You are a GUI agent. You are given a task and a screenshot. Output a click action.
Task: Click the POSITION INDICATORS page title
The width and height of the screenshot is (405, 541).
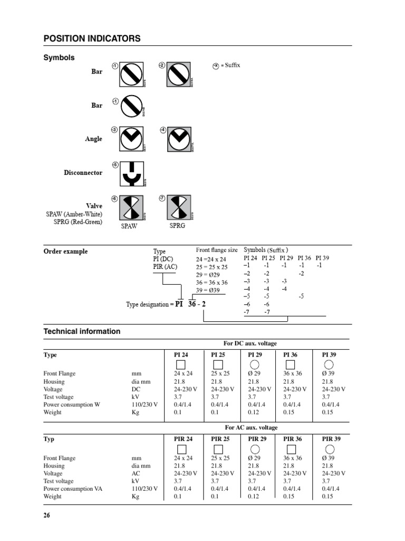(92, 39)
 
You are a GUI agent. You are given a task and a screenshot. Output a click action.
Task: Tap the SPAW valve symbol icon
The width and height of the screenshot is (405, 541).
(129, 208)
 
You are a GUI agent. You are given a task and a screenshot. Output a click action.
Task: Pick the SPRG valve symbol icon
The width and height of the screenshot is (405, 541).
(178, 208)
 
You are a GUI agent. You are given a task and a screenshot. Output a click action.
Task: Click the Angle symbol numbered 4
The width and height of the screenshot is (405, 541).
(178, 139)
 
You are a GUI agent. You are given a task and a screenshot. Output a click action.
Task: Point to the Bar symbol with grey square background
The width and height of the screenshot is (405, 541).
(178, 73)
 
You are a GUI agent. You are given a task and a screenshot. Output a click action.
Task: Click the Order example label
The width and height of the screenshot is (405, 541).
(65, 251)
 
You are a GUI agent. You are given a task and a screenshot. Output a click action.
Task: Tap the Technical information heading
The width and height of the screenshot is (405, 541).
(82, 331)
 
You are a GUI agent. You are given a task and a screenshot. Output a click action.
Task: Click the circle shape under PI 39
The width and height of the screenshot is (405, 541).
(329, 365)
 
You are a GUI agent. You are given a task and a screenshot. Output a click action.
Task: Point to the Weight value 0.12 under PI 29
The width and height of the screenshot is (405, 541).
(254, 412)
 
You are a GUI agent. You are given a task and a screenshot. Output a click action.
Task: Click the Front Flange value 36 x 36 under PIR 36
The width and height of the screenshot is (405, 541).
(293, 458)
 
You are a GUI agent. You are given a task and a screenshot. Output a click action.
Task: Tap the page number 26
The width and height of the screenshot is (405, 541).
(47, 516)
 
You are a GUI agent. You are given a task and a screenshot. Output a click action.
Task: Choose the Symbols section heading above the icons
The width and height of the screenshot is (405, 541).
(59, 58)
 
